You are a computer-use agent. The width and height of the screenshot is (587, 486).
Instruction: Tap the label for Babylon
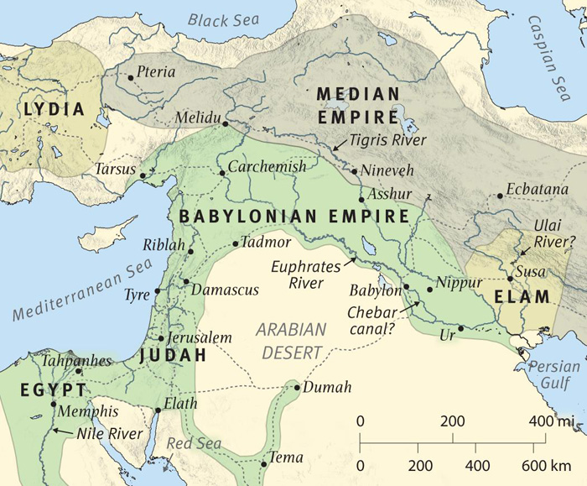pos(376,291)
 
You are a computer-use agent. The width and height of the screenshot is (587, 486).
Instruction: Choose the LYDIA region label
pos(55,109)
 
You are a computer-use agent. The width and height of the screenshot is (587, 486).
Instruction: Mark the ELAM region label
pos(521,296)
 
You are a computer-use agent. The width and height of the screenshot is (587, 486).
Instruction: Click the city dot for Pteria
pos(131,77)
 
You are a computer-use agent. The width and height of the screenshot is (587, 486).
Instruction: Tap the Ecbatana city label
pos(538,190)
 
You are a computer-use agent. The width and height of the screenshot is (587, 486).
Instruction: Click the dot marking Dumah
pos(295,387)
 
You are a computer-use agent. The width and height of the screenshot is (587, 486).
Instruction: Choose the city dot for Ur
pos(460,328)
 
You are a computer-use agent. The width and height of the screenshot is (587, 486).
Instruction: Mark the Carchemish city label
pos(267,167)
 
